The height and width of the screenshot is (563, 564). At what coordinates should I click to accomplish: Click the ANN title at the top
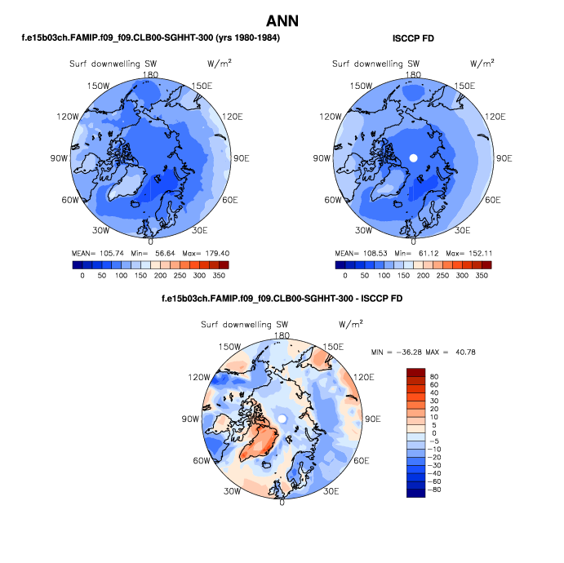click(x=282, y=20)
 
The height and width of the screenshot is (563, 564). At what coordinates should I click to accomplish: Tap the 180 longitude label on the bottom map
click(x=282, y=335)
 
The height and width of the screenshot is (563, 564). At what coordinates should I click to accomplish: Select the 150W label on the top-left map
click(x=99, y=86)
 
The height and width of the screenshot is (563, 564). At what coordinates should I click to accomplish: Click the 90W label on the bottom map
click(x=191, y=419)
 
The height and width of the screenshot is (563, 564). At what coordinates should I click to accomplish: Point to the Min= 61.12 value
click(x=415, y=253)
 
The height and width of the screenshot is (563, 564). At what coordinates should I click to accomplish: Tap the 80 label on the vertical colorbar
click(x=435, y=378)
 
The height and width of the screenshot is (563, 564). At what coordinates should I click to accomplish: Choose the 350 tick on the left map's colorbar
click(x=220, y=277)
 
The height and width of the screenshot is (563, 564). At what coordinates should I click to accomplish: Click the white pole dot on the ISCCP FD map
click(x=413, y=157)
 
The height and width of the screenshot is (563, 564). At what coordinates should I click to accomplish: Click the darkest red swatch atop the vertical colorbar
click(x=416, y=372)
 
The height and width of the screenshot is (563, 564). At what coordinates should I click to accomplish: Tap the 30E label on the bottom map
click(x=331, y=492)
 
